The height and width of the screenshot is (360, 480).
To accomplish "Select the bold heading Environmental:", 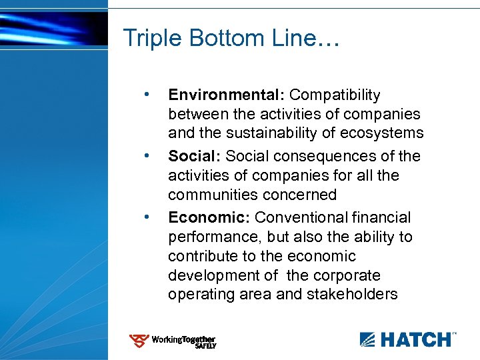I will click(227, 95).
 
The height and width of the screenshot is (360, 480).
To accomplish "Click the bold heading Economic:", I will click(209, 217).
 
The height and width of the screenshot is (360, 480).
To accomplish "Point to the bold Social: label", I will click(194, 156).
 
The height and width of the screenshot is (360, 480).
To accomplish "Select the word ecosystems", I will click(382, 133).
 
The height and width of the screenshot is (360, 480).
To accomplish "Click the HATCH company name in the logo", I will click(414, 339).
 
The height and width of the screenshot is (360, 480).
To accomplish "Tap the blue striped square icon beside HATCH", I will click(367, 339).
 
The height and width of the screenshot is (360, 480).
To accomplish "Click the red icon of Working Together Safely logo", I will click(139, 341).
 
